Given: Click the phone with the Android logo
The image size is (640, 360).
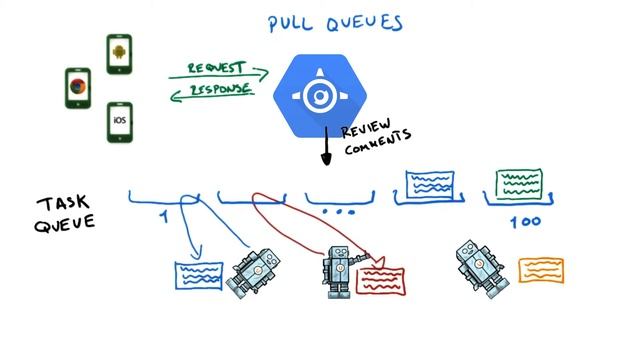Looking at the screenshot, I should (120, 54).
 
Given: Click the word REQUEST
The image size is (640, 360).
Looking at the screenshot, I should (217, 68).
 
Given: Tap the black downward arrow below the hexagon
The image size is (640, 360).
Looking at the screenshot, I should (325, 150).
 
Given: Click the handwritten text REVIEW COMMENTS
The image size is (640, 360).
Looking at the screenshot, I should (376, 140).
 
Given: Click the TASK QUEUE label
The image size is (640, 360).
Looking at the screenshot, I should (66, 213).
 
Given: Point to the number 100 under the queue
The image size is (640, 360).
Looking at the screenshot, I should (525, 220).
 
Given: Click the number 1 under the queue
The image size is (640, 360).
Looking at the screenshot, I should (165, 216).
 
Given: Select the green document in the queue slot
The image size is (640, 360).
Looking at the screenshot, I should (520, 185).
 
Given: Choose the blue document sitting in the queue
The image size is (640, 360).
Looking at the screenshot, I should (431, 186).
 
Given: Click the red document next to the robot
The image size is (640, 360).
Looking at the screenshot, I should (381, 280).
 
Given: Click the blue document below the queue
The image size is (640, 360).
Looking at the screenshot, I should (199, 275).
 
